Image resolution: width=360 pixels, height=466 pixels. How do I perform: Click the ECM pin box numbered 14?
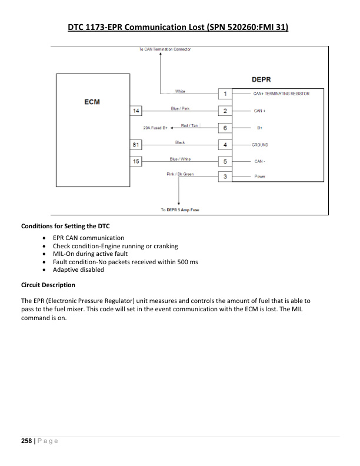(136, 111)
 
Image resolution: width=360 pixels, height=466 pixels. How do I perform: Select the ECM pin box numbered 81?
(136, 144)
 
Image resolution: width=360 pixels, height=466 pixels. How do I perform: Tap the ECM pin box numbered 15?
(136, 161)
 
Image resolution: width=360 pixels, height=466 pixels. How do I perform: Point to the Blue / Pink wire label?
(179, 108)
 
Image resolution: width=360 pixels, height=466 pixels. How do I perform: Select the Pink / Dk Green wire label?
(180, 174)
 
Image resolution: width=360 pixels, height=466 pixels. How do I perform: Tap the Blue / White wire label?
(179, 158)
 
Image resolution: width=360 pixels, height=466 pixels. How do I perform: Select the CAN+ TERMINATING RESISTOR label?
(281, 94)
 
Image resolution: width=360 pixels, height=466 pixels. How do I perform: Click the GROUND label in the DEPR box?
(261, 144)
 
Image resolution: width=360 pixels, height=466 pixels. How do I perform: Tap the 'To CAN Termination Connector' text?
(165, 49)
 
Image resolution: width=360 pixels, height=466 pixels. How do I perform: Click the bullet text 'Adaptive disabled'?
(78, 269)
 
